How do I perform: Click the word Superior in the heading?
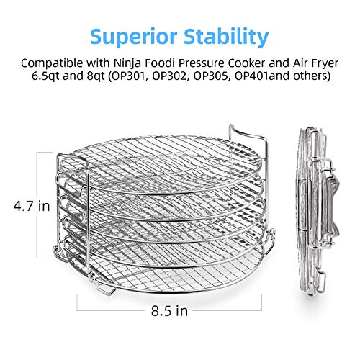click(134, 37)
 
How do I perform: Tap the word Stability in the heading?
click(226, 37)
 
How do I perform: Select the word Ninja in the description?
click(128, 63)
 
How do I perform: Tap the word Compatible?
click(52, 63)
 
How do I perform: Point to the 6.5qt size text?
click(45, 76)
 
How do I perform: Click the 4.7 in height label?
click(32, 206)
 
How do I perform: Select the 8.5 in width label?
click(169, 311)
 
